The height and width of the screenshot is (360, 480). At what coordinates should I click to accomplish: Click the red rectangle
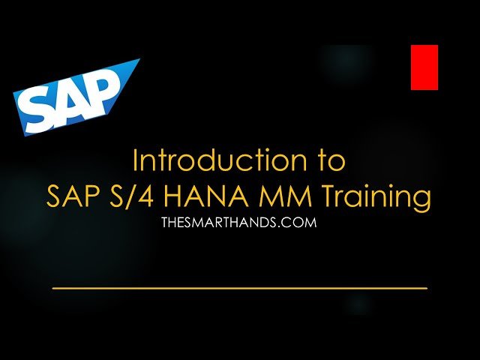tap(424, 67)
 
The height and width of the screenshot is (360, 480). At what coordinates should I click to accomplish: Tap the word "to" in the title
tap(331, 162)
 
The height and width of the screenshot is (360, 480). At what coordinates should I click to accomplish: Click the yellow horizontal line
tap(239, 288)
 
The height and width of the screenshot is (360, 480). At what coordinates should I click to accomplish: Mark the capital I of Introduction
tap(135, 161)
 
